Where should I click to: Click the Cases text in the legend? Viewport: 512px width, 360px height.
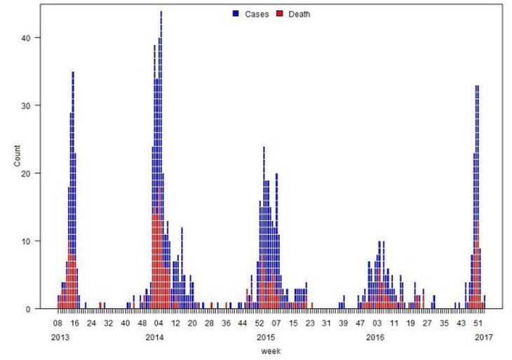[257, 14]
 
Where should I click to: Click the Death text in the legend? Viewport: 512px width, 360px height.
[299, 14]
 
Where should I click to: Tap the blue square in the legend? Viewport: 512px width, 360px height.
[236, 14]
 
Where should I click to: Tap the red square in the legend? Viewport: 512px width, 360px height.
[280, 14]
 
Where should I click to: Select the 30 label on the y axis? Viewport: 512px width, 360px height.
[26, 105]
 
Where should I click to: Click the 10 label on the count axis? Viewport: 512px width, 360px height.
[26, 241]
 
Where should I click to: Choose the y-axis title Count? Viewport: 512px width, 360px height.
[17, 156]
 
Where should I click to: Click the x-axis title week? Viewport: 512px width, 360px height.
[271, 351]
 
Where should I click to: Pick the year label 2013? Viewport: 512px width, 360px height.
[60, 337]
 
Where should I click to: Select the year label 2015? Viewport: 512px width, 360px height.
[266, 337]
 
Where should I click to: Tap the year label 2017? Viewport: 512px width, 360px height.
[483, 337]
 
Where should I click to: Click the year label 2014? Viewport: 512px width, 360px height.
[154, 337]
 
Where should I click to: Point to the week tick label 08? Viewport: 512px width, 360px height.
[58, 323]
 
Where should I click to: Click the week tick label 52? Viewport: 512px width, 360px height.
[260, 323]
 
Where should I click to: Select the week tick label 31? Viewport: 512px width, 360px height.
[326, 323]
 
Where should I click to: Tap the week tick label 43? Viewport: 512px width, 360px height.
[461, 323]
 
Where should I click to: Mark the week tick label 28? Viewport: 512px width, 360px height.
[209, 323]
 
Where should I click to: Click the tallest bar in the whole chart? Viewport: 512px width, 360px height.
[161, 160]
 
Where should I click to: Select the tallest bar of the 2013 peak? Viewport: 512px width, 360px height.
[73, 190]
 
